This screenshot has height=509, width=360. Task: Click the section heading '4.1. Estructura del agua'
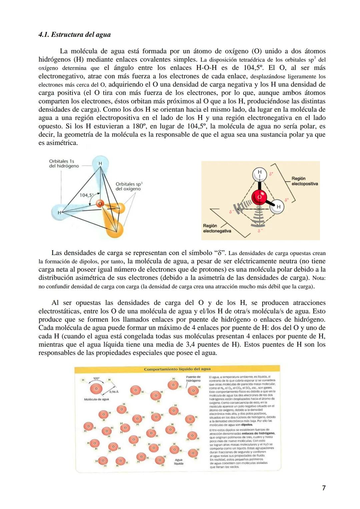[74, 35]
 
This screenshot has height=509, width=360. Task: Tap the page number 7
[324, 488]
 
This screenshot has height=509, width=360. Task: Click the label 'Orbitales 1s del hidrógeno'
[64, 163]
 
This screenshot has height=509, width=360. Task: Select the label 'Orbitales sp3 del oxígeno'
[129, 186]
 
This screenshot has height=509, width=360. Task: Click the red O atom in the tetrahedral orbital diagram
[99, 204]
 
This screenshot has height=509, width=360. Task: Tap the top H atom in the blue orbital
[100, 164]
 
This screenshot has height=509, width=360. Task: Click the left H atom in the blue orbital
[59, 212]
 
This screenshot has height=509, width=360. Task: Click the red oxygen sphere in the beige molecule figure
[259, 197]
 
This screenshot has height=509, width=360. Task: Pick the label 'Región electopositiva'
[304, 181]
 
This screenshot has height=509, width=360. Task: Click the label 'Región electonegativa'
[217, 228]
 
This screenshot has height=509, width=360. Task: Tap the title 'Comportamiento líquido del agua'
[177, 369]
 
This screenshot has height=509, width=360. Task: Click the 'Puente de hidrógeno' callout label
[193, 379]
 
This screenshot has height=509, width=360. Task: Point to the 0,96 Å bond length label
[114, 392]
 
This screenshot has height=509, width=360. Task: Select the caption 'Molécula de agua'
[96, 399]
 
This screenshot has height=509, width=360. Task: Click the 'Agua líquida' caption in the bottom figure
[179, 462]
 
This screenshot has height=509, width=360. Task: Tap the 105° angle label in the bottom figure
[96, 378]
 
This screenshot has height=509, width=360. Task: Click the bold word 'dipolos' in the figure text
[247, 425]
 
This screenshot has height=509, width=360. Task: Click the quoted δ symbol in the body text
[219, 253]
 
